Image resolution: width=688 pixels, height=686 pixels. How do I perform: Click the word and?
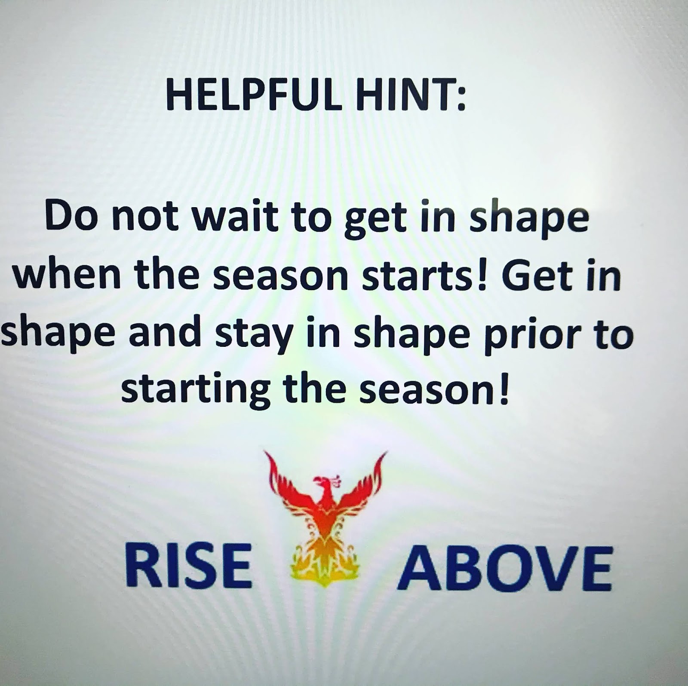click(x=166, y=334)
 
